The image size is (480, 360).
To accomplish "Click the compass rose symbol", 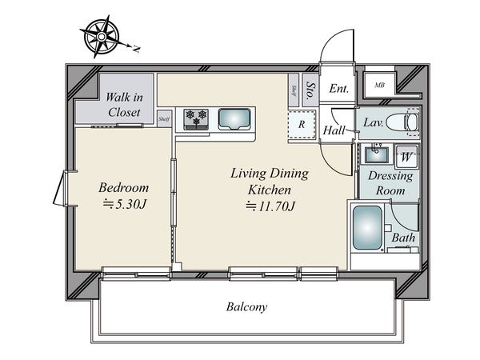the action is (102, 37).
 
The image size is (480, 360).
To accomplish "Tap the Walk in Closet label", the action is (124, 105).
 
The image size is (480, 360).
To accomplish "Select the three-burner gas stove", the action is (196, 119).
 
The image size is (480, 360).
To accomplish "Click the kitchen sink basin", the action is (234, 118).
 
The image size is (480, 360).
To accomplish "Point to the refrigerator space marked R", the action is (302, 124).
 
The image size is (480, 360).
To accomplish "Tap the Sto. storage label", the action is (310, 90).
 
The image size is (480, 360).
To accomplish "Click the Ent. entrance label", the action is (339, 89).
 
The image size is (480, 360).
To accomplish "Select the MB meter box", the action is (379, 85).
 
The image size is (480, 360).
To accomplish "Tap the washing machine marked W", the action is (406, 157).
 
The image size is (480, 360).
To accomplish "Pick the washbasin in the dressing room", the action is (377, 154).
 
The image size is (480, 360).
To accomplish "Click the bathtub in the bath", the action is (368, 227).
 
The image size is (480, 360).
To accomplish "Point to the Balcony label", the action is (246, 306).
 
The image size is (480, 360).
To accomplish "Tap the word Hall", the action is (334, 130).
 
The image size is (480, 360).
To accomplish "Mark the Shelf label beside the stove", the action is (164, 119).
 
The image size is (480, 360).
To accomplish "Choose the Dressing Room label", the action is (390, 183).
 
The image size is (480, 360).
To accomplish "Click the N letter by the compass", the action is (136, 49).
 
